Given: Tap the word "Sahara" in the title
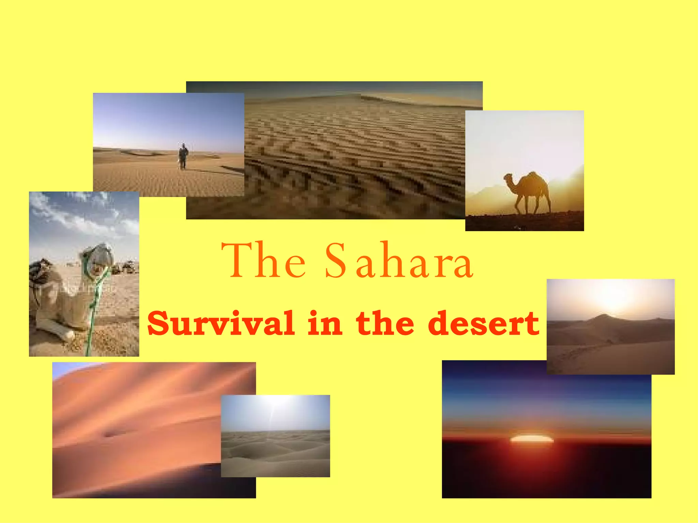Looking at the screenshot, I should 399,260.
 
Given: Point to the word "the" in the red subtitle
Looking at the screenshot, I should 385,323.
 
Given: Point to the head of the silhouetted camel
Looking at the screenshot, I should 508,178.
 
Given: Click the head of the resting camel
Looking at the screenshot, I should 99,259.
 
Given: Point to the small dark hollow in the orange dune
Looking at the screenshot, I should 110,434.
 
